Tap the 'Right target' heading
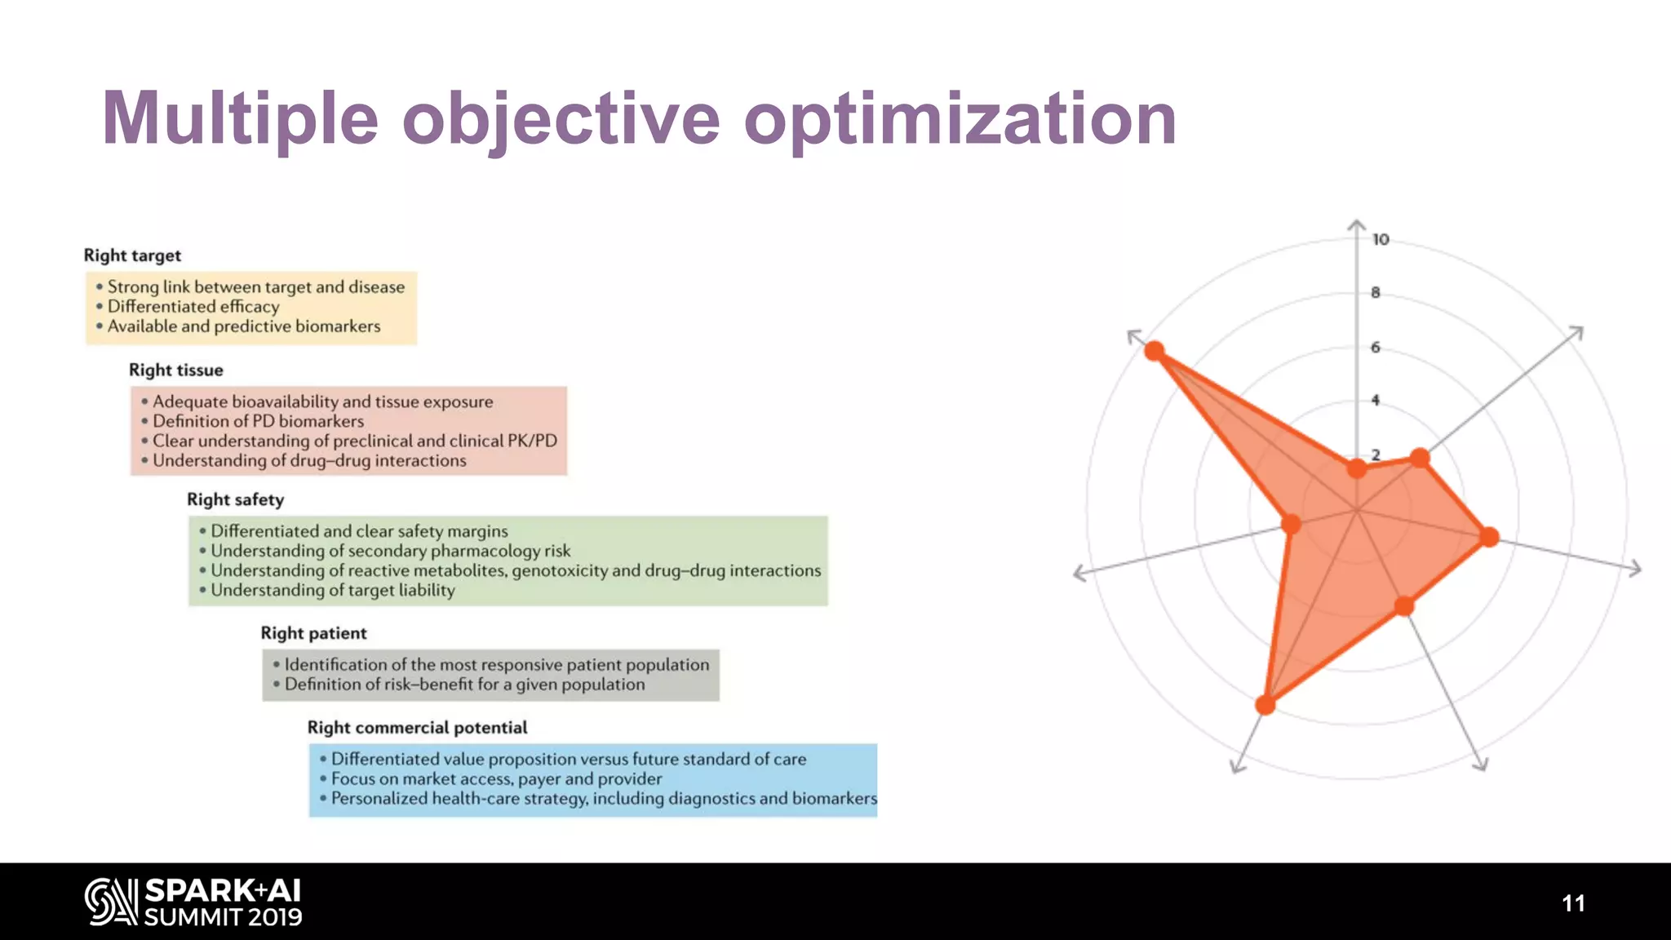coord(132,255)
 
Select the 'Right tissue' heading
coord(176,370)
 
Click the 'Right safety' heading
coord(236,499)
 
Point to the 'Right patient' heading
coord(313,633)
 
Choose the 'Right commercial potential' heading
coord(417,728)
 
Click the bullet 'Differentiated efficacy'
coord(193,307)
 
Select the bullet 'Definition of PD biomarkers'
coord(258,421)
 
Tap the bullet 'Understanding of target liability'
coord(332,590)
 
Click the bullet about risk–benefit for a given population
coord(464,685)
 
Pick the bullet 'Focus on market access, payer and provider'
coord(496,779)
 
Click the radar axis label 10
coord(1381,240)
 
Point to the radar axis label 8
coord(1376,292)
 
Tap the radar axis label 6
coord(1376,347)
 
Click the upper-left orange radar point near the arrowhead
coord(1154,351)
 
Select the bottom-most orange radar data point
coord(1265,705)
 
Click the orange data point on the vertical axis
coord(1357,468)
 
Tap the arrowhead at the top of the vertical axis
coord(1357,224)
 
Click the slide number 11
coord(1573,903)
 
